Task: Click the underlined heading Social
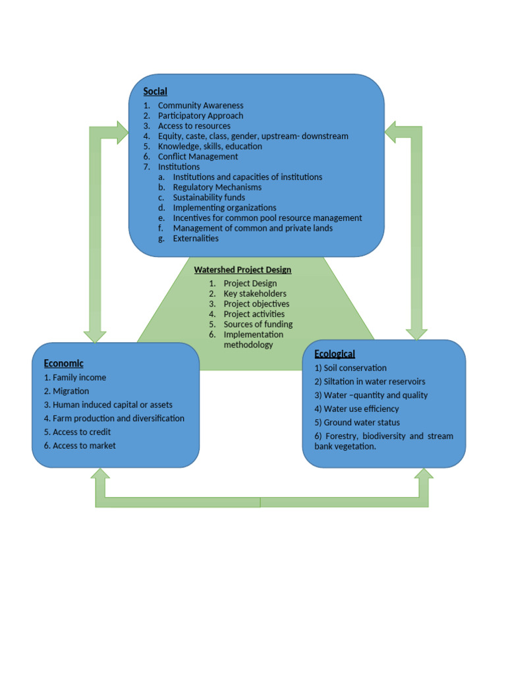coord(155,92)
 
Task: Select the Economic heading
coord(64,363)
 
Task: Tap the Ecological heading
coord(335,354)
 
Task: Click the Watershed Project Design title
coord(242,270)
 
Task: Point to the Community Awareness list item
coord(200,105)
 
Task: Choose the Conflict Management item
coord(198,157)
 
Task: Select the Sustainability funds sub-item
coord(209,197)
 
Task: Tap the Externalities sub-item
coord(196,238)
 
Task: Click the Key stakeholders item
coord(255,293)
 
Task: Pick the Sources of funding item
coord(258,324)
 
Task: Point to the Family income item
coord(75,378)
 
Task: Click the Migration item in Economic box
coord(67,392)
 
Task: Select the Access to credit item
coord(78,432)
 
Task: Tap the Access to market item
coord(80,446)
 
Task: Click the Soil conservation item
coord(351,368)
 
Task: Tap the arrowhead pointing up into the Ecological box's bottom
coord(423,477)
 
